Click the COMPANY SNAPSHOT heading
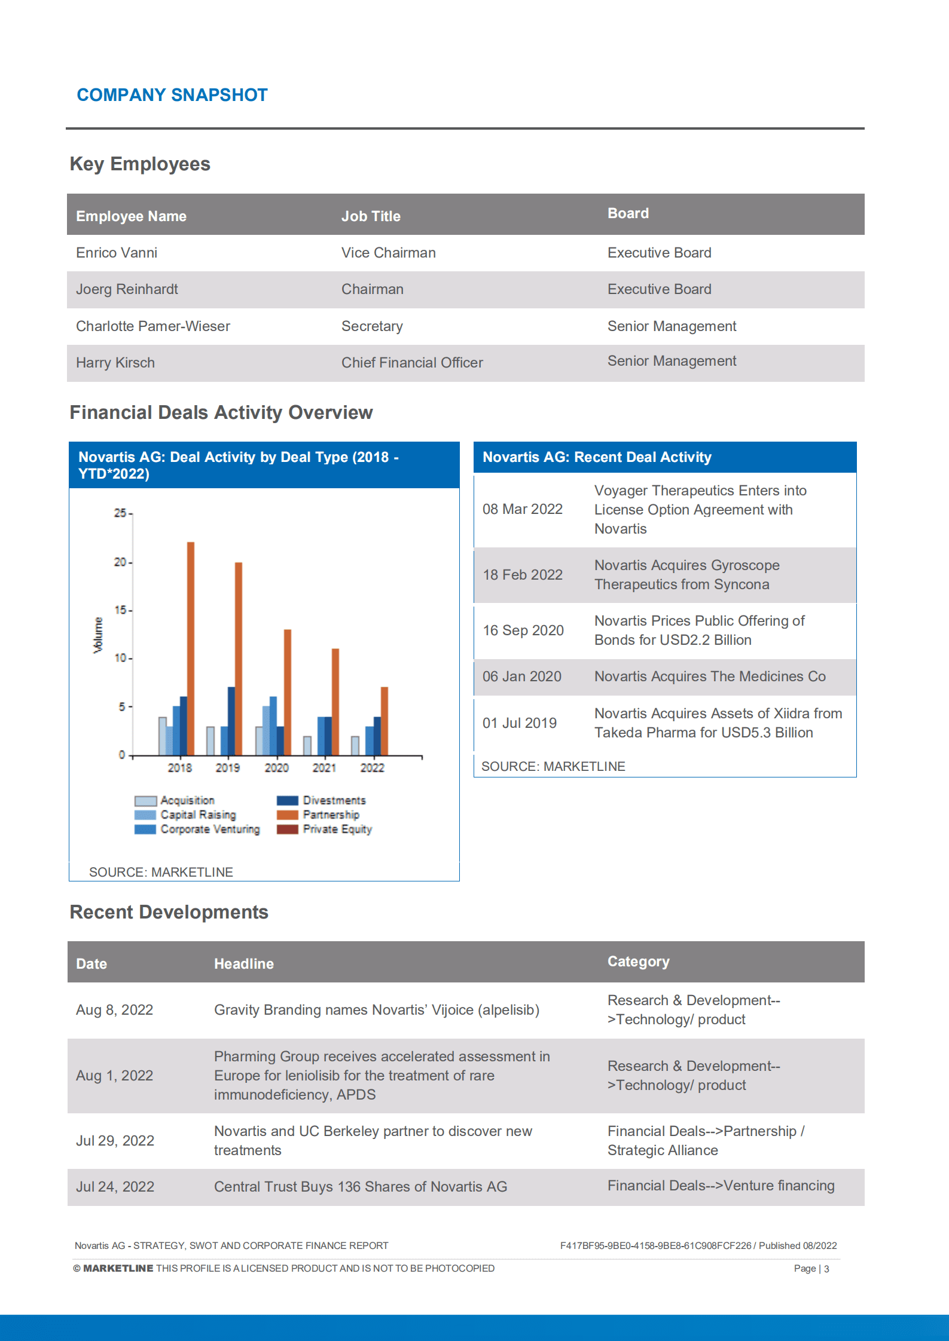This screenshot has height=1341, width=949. (x=172, y=95)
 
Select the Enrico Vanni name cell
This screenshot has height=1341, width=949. (x=117, y=253)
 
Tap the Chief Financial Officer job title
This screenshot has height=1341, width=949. (x=412, y=363)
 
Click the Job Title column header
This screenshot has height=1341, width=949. (x=371, y=216)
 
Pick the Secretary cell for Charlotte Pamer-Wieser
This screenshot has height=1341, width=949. (x=372, y=326)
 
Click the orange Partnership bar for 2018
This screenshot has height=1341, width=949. (x=191, y=648)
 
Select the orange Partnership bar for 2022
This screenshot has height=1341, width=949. (x=385, y=721)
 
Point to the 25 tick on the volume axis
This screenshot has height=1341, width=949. (x=120, y=513)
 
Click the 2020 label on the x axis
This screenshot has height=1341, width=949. (x=276, y=768)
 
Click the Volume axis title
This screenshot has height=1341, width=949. (x=98, y=635)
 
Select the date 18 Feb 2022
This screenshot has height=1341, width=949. (x=523, y=575)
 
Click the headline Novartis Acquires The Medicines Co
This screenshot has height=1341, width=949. (x=710, y=676)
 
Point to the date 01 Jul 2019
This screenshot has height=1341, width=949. (x=520, y=723)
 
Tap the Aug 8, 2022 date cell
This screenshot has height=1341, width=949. (x=115, y=1010)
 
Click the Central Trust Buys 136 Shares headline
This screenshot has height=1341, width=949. (x=361, y=1187)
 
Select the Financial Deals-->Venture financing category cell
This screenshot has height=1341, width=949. (x=721, y=1186)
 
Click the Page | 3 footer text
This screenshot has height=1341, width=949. (x=811, y=1269)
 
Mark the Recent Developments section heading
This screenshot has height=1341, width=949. (x=169, y=913)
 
